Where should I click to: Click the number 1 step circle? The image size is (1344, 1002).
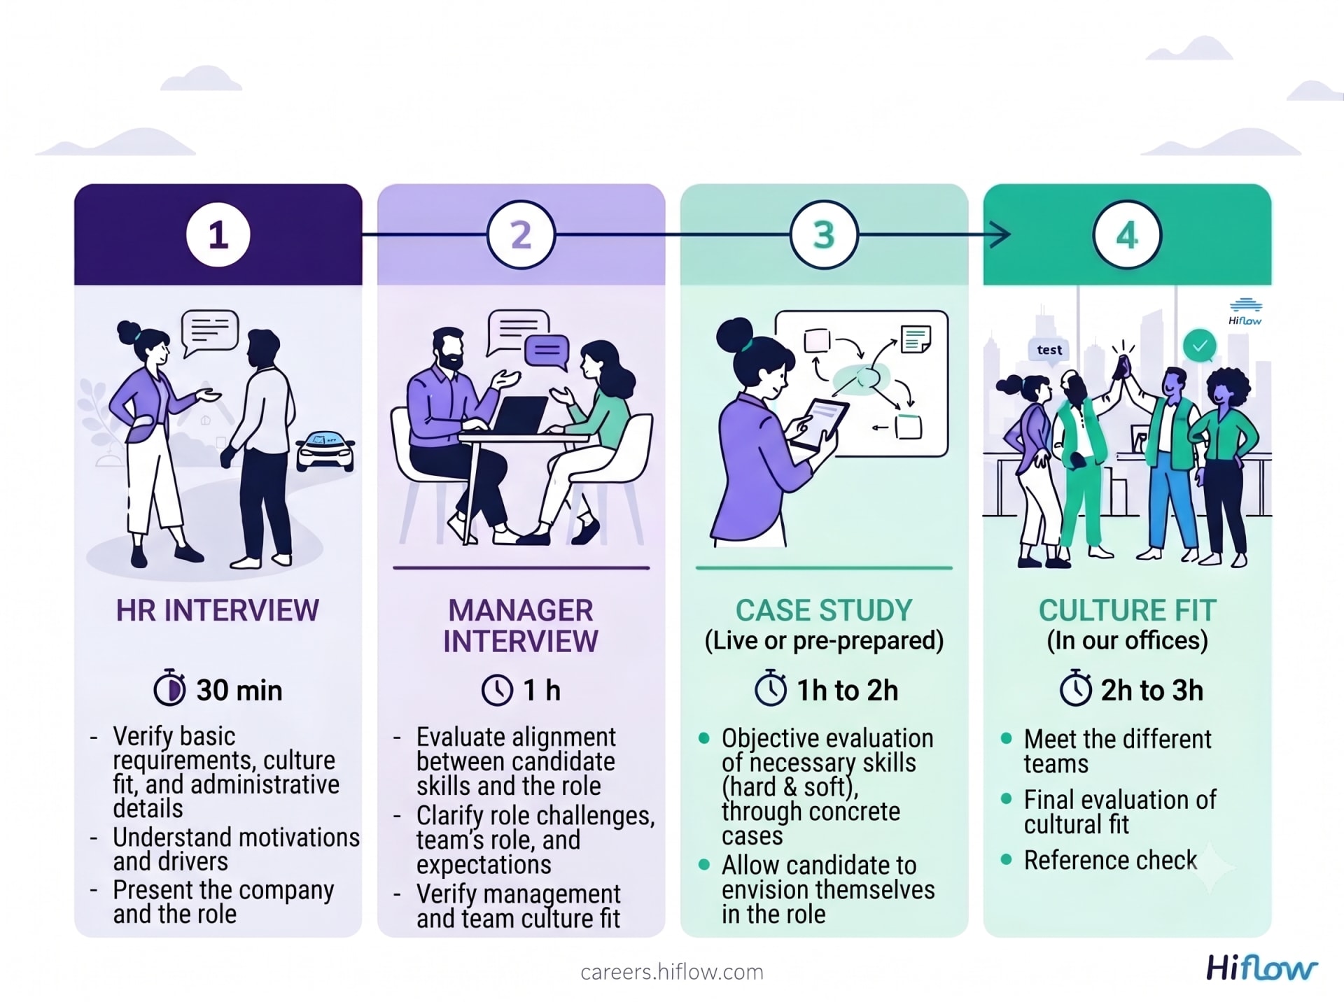click(218, 235)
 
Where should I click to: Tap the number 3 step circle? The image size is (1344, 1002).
click(824, 235)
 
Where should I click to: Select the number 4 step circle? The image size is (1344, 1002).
click(1127, 235)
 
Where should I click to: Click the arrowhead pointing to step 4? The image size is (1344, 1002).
click(1001, 235)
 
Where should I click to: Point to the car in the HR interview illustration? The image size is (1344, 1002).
click(325, 450)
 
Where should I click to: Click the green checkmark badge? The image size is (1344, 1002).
click(1200, 346)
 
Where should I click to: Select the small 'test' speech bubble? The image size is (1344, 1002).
click(1049, 349)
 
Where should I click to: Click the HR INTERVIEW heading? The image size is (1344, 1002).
click(218, 610)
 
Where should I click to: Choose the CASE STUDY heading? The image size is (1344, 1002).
click(824, 610)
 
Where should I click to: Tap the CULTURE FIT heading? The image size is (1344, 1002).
click(1127, 610)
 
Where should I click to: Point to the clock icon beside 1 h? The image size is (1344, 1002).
click(497, 690)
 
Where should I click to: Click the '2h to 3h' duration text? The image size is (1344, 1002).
click(1152, 691)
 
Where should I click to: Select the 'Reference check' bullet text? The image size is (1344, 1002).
click(1110, 860)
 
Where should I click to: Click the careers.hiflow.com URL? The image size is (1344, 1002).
click(672, 972)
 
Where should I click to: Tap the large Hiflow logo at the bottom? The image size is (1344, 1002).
click(1261, 968)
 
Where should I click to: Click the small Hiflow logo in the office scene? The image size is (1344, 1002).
click(1245, 312)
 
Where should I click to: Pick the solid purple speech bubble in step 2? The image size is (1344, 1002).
click(547, 351)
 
